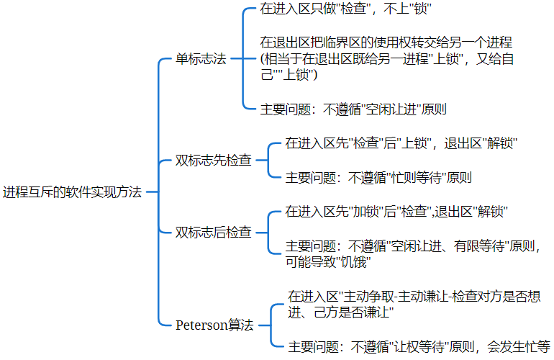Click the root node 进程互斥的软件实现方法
pyautogui.click(x=72, y=192)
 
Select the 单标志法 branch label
pyautogui.click(x=201, y=59)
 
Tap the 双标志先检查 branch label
pyautogui.click(x=214, y=160)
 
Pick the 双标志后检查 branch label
pyautogui.click(x=214, y=232)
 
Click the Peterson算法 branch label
pyautogui.click(x=214, y=325)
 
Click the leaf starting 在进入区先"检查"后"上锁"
pyautogui.click(x=401, y=143)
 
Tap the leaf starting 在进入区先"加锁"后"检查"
pyautogui.click(x=396, y=212)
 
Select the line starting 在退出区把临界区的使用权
pyautogui.click(x=386, y=42)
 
